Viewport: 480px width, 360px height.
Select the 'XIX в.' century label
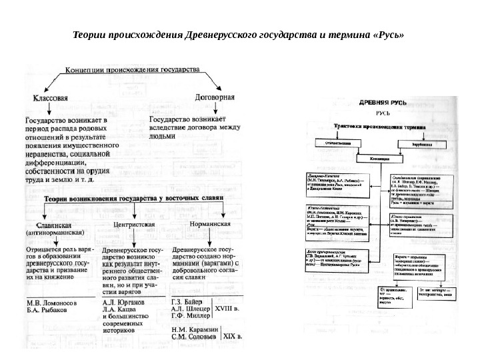tap(233, 337)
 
